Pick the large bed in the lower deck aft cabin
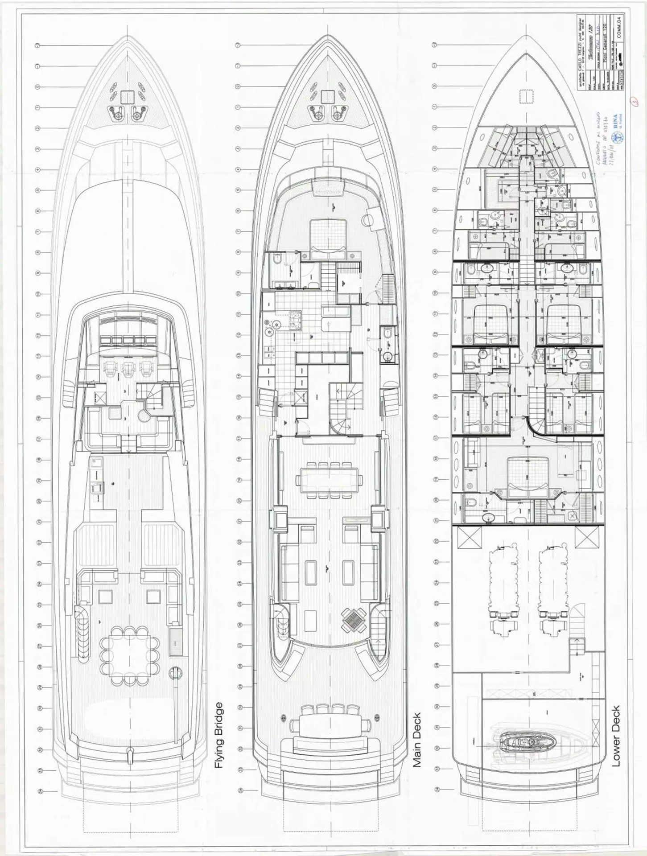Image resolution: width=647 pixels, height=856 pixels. [x=527, y=476]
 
